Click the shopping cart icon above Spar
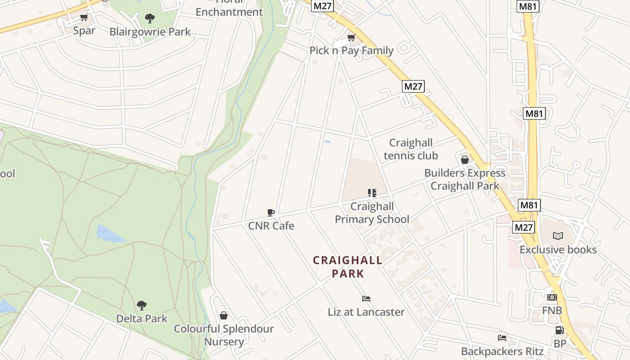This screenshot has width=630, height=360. [84, 18]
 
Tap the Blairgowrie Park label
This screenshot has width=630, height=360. [150, 32]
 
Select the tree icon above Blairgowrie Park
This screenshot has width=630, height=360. [150, 18]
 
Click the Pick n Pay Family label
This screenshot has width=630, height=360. [351, 50]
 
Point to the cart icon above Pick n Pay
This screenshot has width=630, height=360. [351, 37]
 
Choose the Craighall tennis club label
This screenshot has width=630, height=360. [410, 149]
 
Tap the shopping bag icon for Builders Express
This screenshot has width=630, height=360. [465, 160]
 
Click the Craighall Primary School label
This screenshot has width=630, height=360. [372, 213]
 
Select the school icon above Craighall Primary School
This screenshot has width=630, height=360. [372, 193]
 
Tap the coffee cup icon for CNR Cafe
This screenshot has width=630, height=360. [271, 212]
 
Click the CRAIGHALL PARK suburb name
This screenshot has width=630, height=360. [348, 267]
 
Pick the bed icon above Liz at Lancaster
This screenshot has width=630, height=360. [366, 298]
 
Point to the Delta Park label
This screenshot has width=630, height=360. [142, 319]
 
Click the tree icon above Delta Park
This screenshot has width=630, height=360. [142, 306]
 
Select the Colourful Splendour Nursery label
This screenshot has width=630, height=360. [224, 335]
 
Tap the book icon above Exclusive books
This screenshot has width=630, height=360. [558, 236]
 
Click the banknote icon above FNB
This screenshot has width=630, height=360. [552, 297]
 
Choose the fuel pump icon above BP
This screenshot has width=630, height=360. [560, 330]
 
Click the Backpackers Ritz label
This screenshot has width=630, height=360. [502, 351]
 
